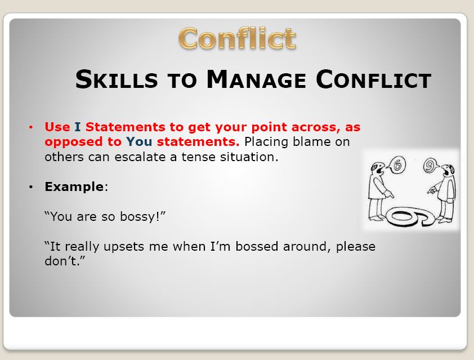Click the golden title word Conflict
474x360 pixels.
(237, 38)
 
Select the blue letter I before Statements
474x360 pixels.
(78, 127)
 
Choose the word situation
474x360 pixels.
(249, 157)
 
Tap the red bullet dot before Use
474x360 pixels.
(31, 127)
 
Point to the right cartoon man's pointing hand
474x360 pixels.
(432, 191)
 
